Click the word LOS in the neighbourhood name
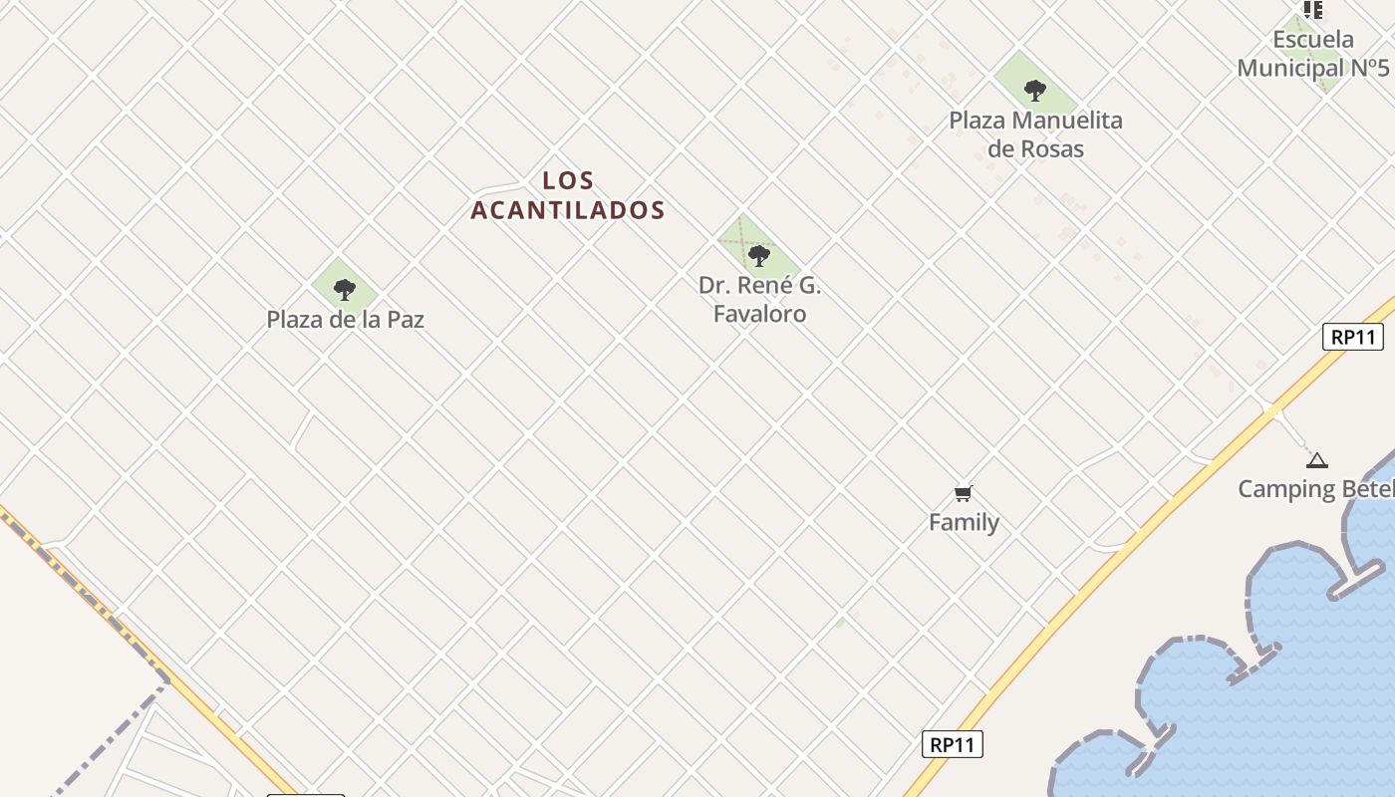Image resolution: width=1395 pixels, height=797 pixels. pyautogui.click(x=568, y=180)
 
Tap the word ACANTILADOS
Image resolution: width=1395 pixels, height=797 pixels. pyautogui.click(x=568, y=210)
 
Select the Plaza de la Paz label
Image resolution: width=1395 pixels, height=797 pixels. pyautogui.click(x=345, y=320)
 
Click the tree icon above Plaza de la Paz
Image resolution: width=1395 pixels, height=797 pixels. pyautogui.click(x=345, y=290)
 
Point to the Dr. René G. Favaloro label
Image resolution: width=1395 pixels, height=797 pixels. pyautogui.click(x=759, y=299)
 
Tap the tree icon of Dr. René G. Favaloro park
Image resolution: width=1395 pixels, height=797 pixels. pyautogui.click(x=759, y=256)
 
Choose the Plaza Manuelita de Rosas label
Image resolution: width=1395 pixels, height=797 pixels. pyautogui.click(x=1035, y=134)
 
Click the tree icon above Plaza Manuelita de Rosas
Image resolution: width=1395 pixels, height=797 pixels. pyautogui.click(x=1035, y=91)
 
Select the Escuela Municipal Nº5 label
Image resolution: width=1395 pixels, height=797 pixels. pyautogui.click(x=1313, y=54)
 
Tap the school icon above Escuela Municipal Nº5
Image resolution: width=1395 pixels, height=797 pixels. pyautogui.click(x=1313, y=10)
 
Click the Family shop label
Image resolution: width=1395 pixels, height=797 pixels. pyautogui.click(x=964, y=522)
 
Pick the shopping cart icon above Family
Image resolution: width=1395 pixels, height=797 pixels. pyautogui.click(x=964, y=493)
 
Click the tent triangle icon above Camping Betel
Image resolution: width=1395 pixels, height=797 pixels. pyautogui.click(x=1317, y=460)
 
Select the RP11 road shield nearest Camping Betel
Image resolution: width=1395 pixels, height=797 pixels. pyautogui.click(x=1353, y=337)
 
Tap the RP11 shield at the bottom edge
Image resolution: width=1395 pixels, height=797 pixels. pyautogui.click(x=952, y=744)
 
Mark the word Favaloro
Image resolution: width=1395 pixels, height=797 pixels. pyautogui.click(x=759, y=314)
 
